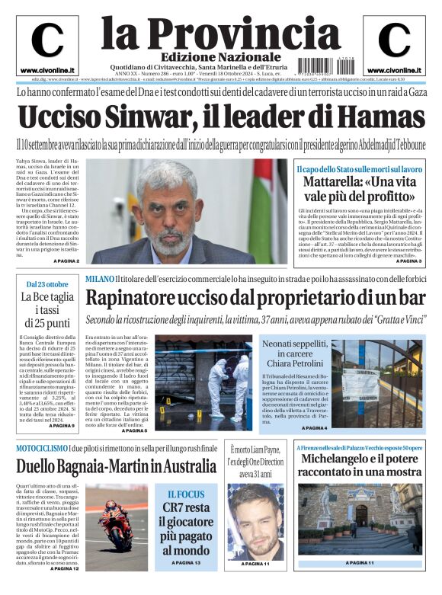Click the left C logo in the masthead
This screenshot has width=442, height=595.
[47, 40]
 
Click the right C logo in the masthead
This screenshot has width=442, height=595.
[394, 40]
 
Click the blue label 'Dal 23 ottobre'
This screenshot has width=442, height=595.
[47, 283]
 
